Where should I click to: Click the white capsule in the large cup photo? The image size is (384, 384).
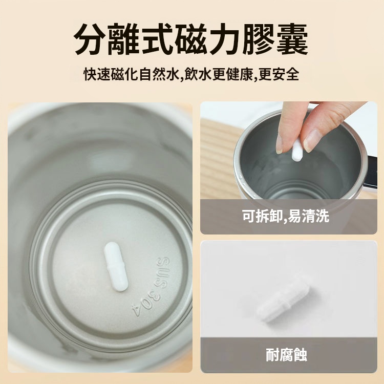coord(116,267)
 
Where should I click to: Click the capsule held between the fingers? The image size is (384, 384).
coord(297,150)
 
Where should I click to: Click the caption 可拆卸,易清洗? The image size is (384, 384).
coord(286,216)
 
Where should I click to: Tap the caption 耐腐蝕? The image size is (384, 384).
coord(286,355)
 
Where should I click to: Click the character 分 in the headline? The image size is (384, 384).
coord(90,39)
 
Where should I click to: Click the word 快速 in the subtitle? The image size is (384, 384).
coord(97,74)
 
